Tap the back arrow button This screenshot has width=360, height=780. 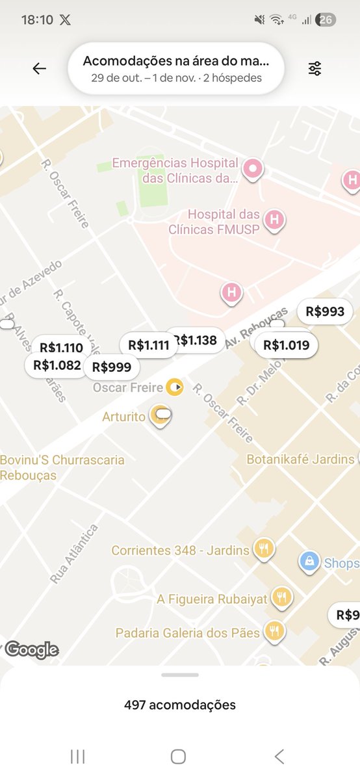40,69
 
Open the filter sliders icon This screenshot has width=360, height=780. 315,69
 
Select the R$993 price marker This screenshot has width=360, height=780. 325,312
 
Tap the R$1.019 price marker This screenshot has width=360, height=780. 286,345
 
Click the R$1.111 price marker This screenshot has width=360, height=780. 148,345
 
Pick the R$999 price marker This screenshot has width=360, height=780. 112,367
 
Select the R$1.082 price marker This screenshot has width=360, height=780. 57,365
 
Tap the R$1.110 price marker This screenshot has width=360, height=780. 61,348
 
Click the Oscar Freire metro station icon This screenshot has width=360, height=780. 175,388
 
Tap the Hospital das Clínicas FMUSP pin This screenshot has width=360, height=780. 274,220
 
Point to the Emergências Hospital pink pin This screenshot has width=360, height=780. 252,168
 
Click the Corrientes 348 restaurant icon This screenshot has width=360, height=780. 264,549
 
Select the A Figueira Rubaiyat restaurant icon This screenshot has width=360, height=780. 281,597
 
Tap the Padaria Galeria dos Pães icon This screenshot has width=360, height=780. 274,631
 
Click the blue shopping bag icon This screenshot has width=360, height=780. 310,562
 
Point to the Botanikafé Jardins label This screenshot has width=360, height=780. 300,459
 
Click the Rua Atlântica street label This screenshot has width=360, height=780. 74,554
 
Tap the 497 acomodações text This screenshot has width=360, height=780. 180,705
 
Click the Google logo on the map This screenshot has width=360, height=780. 31,649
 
